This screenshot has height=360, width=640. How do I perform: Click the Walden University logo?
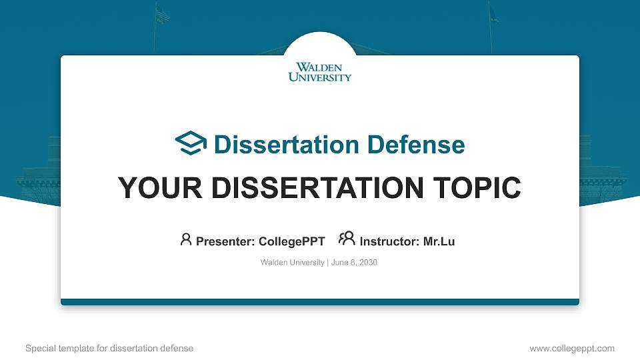pos(320,72)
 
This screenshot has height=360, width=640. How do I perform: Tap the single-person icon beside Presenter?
pos(186,239)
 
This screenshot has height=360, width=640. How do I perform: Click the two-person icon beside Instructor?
pos(347,239)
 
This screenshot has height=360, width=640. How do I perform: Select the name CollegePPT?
pos(291,241)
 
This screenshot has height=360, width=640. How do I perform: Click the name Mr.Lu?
pos(439,241)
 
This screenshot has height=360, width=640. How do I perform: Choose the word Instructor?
pos(389,241)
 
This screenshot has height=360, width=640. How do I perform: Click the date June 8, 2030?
pos(354,263)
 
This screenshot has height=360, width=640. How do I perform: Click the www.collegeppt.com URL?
pos(571,348)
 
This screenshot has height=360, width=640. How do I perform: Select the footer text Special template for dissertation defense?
pos(109,348)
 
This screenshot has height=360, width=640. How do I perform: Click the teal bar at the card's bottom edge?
pos(320,302)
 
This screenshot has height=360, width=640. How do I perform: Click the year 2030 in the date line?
pos(369,263)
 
